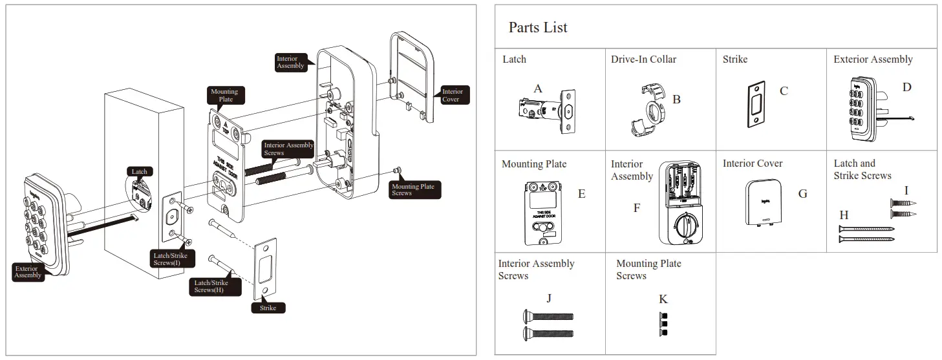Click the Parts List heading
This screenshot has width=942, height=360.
coord(537,27)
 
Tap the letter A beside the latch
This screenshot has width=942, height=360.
coord(538,89)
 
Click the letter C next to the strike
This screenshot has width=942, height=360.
coord(784,91)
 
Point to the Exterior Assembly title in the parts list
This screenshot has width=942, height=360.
coord(873,59)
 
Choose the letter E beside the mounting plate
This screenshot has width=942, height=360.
coord(581,194)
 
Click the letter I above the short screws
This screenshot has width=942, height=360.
coord(906,191)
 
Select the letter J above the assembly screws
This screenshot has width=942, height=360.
coord(549,299)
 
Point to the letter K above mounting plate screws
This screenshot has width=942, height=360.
coord(663,299)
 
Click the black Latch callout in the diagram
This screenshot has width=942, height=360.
coord(140,171)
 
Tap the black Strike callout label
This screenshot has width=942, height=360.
coord(268,308)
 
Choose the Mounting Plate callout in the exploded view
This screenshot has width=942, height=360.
coord(224,95)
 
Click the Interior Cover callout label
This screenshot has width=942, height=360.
coord(452,96)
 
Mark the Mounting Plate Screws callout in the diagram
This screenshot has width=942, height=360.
coord(412,189)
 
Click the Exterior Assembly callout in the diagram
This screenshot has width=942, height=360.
coord(28,271)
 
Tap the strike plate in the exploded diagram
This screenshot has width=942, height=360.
coord(266,268)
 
